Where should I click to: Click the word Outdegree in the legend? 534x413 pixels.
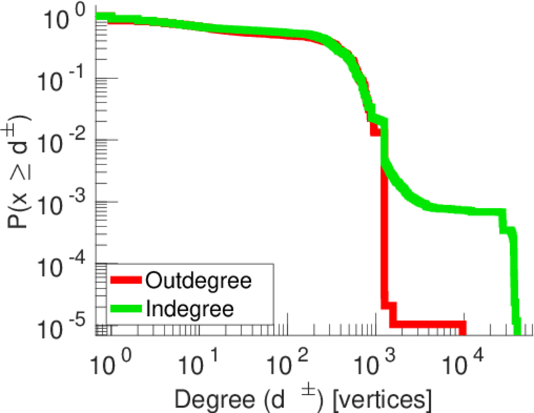tap(199, 280)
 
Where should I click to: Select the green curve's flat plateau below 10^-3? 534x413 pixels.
tap(468, 211)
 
